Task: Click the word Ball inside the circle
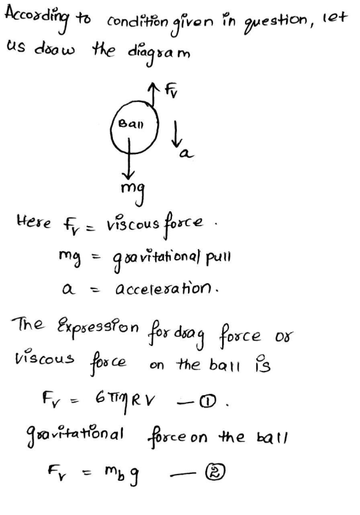[x=130, y=124]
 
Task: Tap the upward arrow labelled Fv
[x=152, y=94]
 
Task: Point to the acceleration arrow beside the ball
[x=176, y=134]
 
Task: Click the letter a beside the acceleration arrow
[x=186, y=153]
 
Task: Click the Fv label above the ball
[x=171, y=90]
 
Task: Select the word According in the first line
[x=37, y=19]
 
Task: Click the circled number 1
[x=209, y=400]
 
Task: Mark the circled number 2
[x=215, y=472]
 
